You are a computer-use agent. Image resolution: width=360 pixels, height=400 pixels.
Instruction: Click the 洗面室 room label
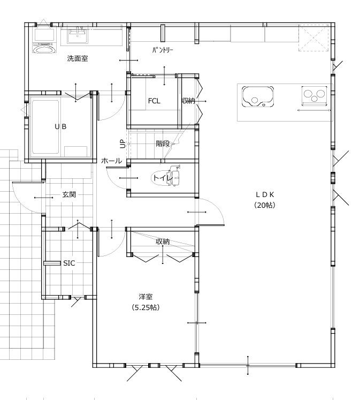78,59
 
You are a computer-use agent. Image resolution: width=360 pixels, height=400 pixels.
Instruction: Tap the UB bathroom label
60,126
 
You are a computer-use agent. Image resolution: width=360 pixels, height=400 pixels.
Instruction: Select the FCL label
154,101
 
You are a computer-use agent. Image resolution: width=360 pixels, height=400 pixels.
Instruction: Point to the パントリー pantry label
163,50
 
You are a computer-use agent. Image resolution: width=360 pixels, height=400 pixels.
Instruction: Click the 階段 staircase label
163,144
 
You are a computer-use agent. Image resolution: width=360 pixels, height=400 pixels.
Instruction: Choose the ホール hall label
112,161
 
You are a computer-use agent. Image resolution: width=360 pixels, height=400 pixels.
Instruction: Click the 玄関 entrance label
69,194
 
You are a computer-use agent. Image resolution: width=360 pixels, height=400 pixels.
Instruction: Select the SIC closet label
69,263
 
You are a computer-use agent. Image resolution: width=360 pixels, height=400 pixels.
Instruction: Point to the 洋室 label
145,297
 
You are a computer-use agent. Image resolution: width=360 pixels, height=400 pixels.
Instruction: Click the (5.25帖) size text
145,307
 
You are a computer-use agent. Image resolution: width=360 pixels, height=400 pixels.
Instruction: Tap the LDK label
265,194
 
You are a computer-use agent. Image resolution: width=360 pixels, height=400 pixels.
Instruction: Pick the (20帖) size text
265,205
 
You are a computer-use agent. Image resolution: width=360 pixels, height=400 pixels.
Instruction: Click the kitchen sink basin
258,96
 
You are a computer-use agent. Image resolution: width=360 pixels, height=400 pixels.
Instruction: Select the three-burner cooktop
314,96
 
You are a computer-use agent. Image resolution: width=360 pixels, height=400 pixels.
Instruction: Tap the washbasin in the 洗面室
78,36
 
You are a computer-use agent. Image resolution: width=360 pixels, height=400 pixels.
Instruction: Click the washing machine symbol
44,40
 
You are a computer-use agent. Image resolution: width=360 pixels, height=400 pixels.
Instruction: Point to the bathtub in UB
45,127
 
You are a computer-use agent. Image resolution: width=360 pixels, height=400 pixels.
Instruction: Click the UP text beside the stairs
123,144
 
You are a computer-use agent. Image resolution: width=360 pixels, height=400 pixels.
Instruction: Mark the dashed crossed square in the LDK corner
313,38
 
